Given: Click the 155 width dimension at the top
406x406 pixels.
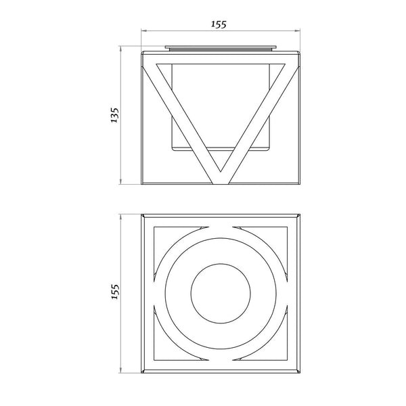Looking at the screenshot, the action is click(219, 24).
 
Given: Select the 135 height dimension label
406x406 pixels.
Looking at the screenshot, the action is click(114, 115).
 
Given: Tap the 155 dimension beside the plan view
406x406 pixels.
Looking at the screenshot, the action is click(115, 292).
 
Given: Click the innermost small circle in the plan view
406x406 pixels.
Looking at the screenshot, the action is click(221, 294).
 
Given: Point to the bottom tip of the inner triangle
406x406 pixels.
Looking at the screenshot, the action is click(221, 172).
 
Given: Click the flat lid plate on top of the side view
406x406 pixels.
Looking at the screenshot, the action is click(221, 47).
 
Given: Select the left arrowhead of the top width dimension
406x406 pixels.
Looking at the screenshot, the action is click(144, 31).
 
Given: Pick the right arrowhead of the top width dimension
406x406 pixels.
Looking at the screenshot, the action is click(297, 31).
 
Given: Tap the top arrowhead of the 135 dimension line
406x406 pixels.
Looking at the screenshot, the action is click(120, 49).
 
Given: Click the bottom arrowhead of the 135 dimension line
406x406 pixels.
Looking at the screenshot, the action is click(120, 181).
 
